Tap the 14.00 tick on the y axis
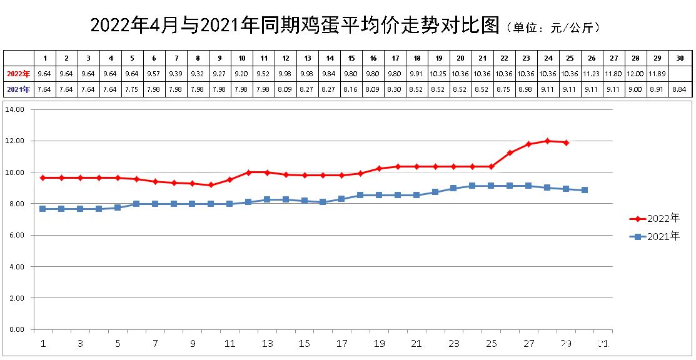(14, 110)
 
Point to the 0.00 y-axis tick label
(16, 329)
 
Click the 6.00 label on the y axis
(16, 236)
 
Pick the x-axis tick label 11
(229, 343)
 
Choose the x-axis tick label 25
(491, 343)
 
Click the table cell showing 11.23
(592, 73)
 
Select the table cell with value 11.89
(657, 73)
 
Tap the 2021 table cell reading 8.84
(679, 89)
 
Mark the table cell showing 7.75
(132, 89)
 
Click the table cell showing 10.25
(438, 73)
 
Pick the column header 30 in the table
(679, 58)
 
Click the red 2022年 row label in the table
(18, 73)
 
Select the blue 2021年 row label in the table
(18, 89)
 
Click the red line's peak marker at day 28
(547, 141)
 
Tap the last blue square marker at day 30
(585, 190)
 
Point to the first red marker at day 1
(43, 177)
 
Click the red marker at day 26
(510, 152)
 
